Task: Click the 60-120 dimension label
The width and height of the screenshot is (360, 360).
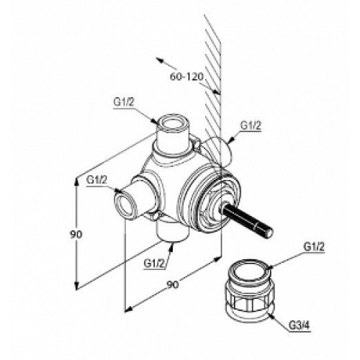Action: (x=186, y=77)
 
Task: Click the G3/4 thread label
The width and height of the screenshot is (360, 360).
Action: (x=300, y=325)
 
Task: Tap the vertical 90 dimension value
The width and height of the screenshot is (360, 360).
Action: (x=76, y=235)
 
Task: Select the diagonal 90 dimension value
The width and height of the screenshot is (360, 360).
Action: (x=173, y=284)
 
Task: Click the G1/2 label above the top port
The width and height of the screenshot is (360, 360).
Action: (x=124, y=102)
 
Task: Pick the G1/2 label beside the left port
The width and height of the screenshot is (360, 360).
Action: (x=96, y=179)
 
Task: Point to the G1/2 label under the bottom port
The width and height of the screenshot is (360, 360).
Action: (x=154, y=264)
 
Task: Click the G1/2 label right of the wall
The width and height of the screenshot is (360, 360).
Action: (x=251, y=125)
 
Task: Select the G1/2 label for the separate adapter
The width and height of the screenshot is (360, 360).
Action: (x=314, y=246)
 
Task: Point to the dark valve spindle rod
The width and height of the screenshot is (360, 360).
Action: (x=247, y=222)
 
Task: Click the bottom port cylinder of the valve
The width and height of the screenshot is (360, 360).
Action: (x=173, y=232)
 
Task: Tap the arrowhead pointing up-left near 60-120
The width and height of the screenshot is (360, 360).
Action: (x=159, y=60)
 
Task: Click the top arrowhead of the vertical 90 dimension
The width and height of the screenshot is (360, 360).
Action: (x=76, y=181)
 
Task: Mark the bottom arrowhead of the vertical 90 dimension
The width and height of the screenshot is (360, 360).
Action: (x=76, y=286)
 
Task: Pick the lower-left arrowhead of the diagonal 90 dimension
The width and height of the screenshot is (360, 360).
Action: (x=129, y=310)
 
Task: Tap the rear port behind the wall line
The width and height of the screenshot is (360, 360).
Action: (x=217, y=150)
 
